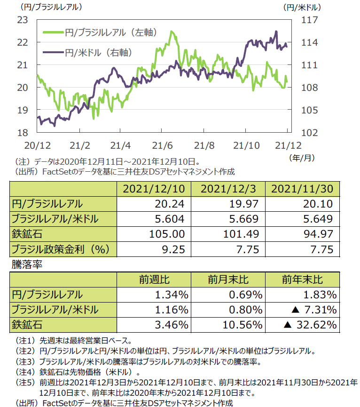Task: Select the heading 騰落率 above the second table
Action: pyautogui.click(x=27, y=265)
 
